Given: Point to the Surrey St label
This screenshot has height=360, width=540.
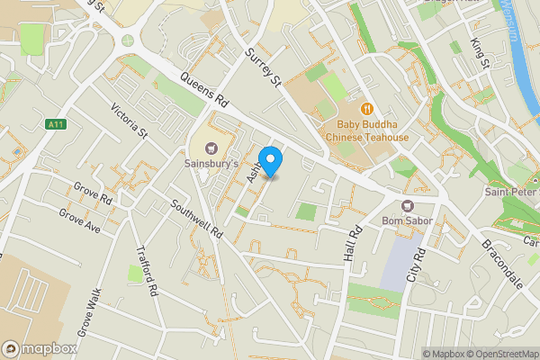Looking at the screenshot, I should coord(264,67).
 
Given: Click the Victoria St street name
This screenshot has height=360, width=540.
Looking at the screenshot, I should coord(129,121).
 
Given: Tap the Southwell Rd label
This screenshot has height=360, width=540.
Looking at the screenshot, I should coord(200,217).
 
